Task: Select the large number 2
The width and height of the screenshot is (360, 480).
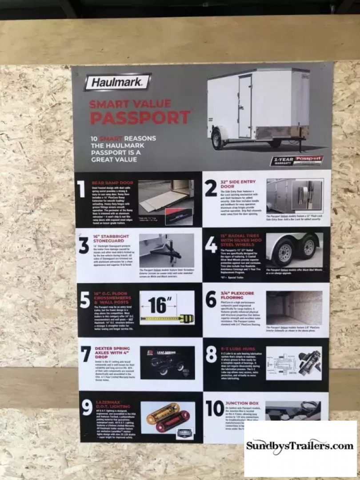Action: pyautogui.click(x=211, y=189)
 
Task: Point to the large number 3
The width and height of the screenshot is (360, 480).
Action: pyautogui.click(x=84, y=246)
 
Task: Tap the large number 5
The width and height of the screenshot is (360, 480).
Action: pyautogui.click(x=84, y=301)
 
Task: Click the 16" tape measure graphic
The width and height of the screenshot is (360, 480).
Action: pyautogui.click(x=167, y=307)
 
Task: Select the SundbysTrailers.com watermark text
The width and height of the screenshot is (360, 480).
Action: pyautogui.click(x=300, y=445)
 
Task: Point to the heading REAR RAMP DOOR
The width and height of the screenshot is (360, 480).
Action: pyautogui.click(x=112, y=183)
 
